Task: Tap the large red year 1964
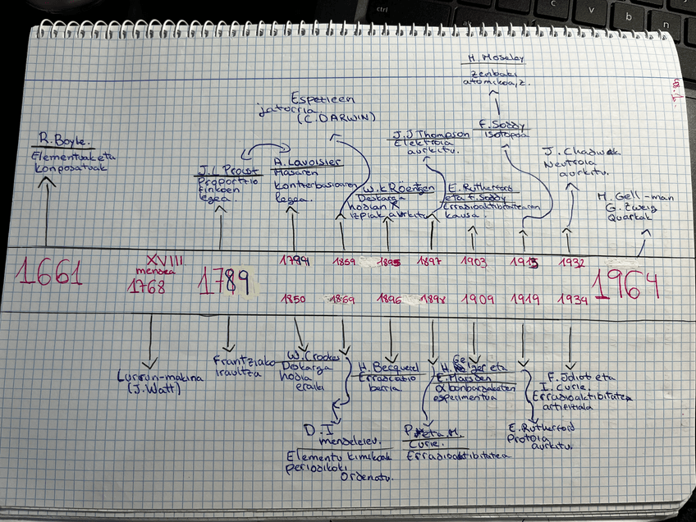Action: (627, 284)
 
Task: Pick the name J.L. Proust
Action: (218, 171)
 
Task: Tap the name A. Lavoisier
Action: (301, 162)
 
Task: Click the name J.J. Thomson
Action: (431, 134)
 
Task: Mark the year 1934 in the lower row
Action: (573, 300)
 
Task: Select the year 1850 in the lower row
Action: (293, 299)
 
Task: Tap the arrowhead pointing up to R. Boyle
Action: (47, 181)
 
